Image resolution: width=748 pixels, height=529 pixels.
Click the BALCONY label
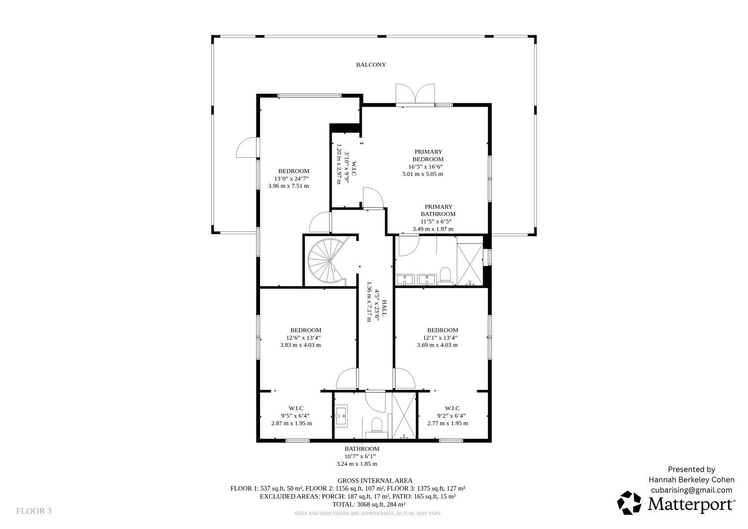coord(371,65)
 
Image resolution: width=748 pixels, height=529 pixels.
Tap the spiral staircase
coord(327,261)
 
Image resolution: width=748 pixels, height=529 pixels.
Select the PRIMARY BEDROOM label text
coord(428,156)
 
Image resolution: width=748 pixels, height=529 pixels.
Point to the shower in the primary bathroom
coord(470,264)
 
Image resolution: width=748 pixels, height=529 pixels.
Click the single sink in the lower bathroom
coord(341,415)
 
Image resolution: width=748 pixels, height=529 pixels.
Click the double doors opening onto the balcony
coord(415,94)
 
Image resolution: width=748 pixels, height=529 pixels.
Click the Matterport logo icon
coord(629,502)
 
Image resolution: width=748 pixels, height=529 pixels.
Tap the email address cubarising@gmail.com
coord(692,490)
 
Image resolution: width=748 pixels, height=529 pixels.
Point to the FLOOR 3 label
coord(34,511)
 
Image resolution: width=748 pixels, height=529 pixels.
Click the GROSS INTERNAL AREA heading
coord(375,481)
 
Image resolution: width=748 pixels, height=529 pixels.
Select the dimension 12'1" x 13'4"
coord(440,337)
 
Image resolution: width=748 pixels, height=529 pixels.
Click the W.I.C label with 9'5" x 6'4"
coord(296,408)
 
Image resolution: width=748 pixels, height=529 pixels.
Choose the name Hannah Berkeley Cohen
coord(692,480)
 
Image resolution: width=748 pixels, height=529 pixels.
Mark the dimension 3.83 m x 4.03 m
coord(301,345)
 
